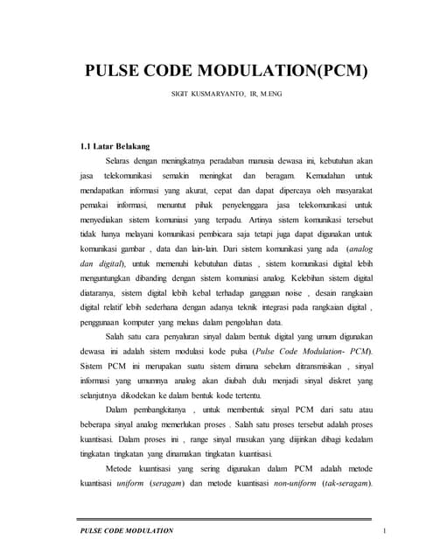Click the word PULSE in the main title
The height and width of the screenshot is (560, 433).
117,72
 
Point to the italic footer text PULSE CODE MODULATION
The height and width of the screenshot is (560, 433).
127,531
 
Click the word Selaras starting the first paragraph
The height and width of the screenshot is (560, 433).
121,162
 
